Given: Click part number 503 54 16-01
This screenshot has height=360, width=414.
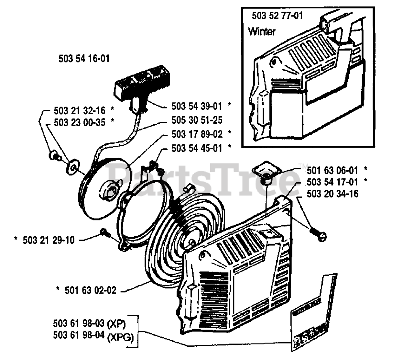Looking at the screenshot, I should click(84, 59).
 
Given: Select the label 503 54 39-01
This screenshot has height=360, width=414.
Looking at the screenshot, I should click(197, 106).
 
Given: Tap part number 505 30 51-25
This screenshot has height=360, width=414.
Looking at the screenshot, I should click(197, 120).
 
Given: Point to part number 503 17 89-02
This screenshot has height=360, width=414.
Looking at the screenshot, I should click(197, 134).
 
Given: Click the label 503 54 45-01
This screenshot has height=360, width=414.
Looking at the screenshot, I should click(197, 148).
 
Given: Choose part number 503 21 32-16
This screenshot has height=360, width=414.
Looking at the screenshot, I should click(80, 111).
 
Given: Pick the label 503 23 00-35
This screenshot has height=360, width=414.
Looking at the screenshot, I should click(80, 122).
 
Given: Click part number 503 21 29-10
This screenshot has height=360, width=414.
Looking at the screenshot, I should click(49, 240).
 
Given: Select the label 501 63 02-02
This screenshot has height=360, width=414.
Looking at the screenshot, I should click(90, 290).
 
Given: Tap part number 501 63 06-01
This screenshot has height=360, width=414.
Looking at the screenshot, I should click(332, 170).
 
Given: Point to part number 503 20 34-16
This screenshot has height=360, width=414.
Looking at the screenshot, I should click(332, 194).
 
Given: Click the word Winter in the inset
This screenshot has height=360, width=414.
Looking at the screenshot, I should click(262, 31).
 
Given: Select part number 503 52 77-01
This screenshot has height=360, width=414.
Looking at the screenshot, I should click(277, 15).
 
